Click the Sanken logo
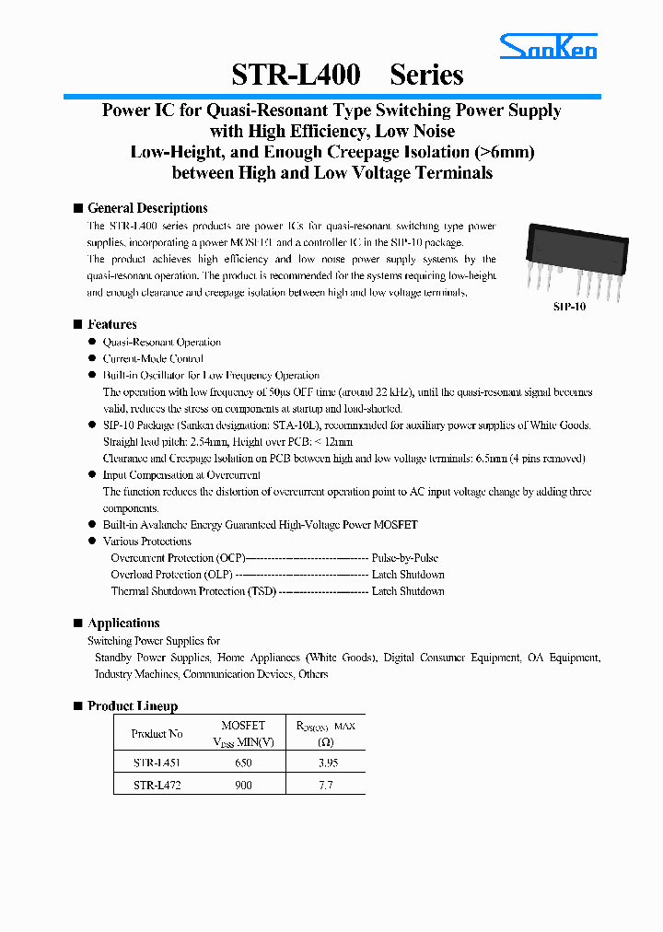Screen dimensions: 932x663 click(x=549, y=46)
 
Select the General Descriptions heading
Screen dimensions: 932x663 click(x=147, y=208)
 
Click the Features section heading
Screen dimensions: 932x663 click(x=111, y=324)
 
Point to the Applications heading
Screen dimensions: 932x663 click(x=123, y=623)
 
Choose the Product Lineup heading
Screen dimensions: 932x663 click(x=133, y=706)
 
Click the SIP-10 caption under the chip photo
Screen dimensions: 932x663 click(x=569, y=307)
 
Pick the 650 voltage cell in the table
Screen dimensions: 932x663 click(x=243, y=763)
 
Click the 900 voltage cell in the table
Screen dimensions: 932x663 click(x=243, y=786)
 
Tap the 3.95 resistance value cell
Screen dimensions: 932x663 click(x=325, y=763)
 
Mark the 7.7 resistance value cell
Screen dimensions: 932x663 click(x=325, y=786)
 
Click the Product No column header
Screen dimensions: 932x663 click(x=157, y=734)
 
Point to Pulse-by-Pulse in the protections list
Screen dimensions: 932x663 click(x=404, y=558)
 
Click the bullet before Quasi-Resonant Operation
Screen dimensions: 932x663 click(x=92, y=342)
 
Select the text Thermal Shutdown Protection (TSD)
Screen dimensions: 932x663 click(x=192, y=591)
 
